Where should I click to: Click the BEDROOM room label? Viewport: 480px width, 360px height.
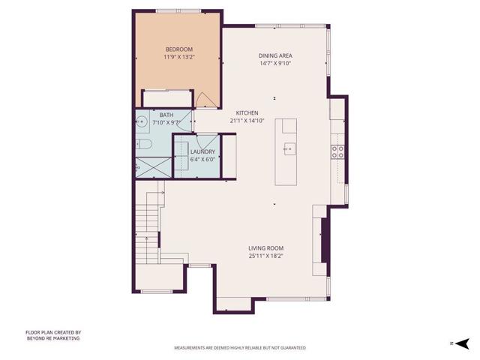(178, 49)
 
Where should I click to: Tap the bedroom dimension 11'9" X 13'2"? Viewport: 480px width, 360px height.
(178, 57)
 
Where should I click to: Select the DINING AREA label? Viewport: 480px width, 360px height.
(275, 55)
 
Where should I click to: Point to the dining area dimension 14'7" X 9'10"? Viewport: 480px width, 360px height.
(275, 63)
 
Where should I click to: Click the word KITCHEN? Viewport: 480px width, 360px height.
(247, 113)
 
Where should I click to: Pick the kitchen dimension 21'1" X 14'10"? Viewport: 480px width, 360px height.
(247, 121)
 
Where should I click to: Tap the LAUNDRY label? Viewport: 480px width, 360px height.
(202, 152)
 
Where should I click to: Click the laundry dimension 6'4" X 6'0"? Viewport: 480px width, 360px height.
(202, 159)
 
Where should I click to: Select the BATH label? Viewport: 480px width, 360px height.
(166, 115)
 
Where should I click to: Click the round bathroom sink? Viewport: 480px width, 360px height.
(142, 121)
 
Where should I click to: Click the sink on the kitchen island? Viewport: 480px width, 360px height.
(289, 148)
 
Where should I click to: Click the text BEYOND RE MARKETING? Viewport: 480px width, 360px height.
(52, 338)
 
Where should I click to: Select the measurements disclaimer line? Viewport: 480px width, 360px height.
(240, 348)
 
